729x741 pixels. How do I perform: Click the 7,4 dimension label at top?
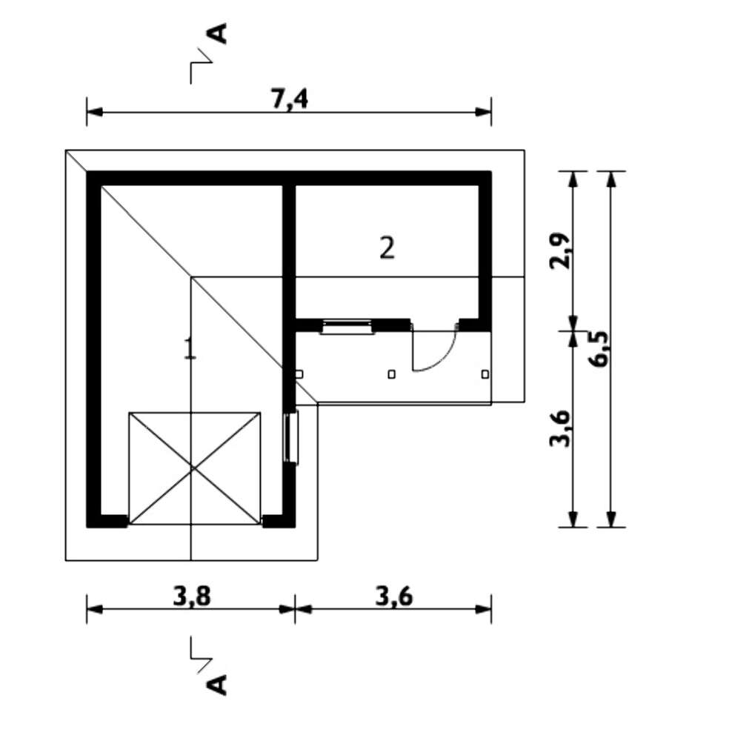pyautogui.click(x=290, y=99)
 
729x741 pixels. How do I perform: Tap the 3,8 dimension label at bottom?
pyautogui.click(x=192, y=597)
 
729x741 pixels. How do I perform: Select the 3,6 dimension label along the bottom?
pyautogui.click(x=394, y=597)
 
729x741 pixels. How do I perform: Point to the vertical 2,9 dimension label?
pyautogui.click(x=561, y=250)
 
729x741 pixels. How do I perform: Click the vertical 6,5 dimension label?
pyautogui.click(x=600, y=349)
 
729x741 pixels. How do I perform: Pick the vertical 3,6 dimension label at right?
pyautogui.click(x=561, y=428)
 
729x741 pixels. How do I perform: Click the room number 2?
pyautogui.click(x=387, y=247)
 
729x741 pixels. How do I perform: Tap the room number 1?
pyautogui.click(x=190, y=348)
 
